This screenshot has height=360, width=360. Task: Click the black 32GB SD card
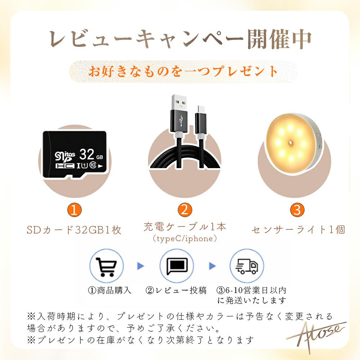coord(75,154)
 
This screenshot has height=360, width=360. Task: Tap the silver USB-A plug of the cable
coord(179,102)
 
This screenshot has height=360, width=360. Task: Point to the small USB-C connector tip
coord(201,109)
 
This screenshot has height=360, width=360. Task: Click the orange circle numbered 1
coord(75,210)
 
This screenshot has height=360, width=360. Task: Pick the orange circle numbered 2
coord(185,210)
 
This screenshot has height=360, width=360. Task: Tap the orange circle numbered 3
coord(297,210)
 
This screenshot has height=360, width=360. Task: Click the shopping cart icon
coord(106,266)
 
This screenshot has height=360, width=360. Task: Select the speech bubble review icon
coord(177,266)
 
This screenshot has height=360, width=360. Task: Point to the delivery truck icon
coord(247,266)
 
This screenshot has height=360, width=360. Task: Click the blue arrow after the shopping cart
coord(140,266)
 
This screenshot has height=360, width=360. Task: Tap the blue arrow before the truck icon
coord(212,266)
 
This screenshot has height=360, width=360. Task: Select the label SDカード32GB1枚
coord(74,230)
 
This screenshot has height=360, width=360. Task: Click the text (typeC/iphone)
coord(185,239)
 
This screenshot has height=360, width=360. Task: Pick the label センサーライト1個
coord(298,230)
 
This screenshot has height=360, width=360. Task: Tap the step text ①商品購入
coord(110,291)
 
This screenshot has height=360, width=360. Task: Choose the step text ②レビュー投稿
coord(176,291)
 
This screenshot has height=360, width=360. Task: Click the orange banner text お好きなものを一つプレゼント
coord(183,71)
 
